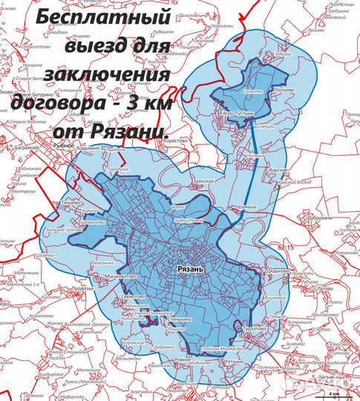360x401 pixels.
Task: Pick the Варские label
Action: [278, 170]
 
